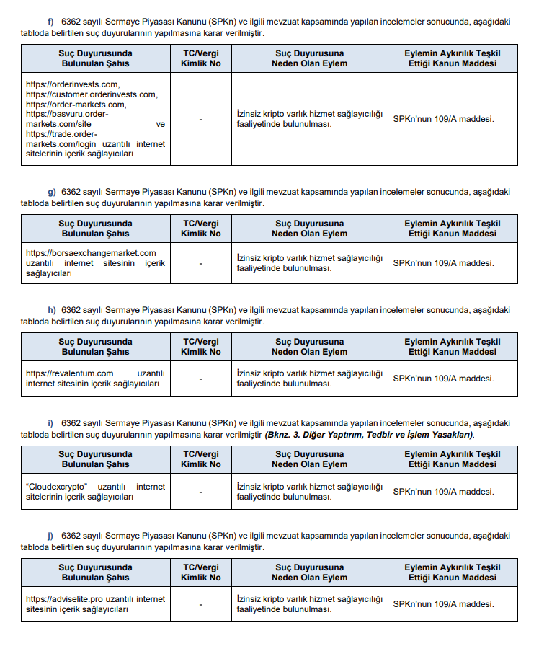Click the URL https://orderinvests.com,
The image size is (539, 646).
point(73,84)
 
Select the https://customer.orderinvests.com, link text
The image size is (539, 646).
point(92,94)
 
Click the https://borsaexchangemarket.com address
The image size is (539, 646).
point(91,253)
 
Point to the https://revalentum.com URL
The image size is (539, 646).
point(70,373)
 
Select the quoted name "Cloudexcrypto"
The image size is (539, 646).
point(55,487)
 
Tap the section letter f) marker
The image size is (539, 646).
point(51,22)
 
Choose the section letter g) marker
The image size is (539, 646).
point(52,192)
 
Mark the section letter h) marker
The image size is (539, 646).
point(52,310)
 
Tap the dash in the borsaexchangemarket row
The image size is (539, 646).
point(201,263)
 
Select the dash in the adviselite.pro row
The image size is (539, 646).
point(201,604)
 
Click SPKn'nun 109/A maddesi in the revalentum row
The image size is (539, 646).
point(443,379)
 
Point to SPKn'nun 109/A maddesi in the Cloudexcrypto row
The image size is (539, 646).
point(443,492)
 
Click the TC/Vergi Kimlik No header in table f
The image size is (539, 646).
point(201,58)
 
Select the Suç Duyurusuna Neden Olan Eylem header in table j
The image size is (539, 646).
point(309,572)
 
